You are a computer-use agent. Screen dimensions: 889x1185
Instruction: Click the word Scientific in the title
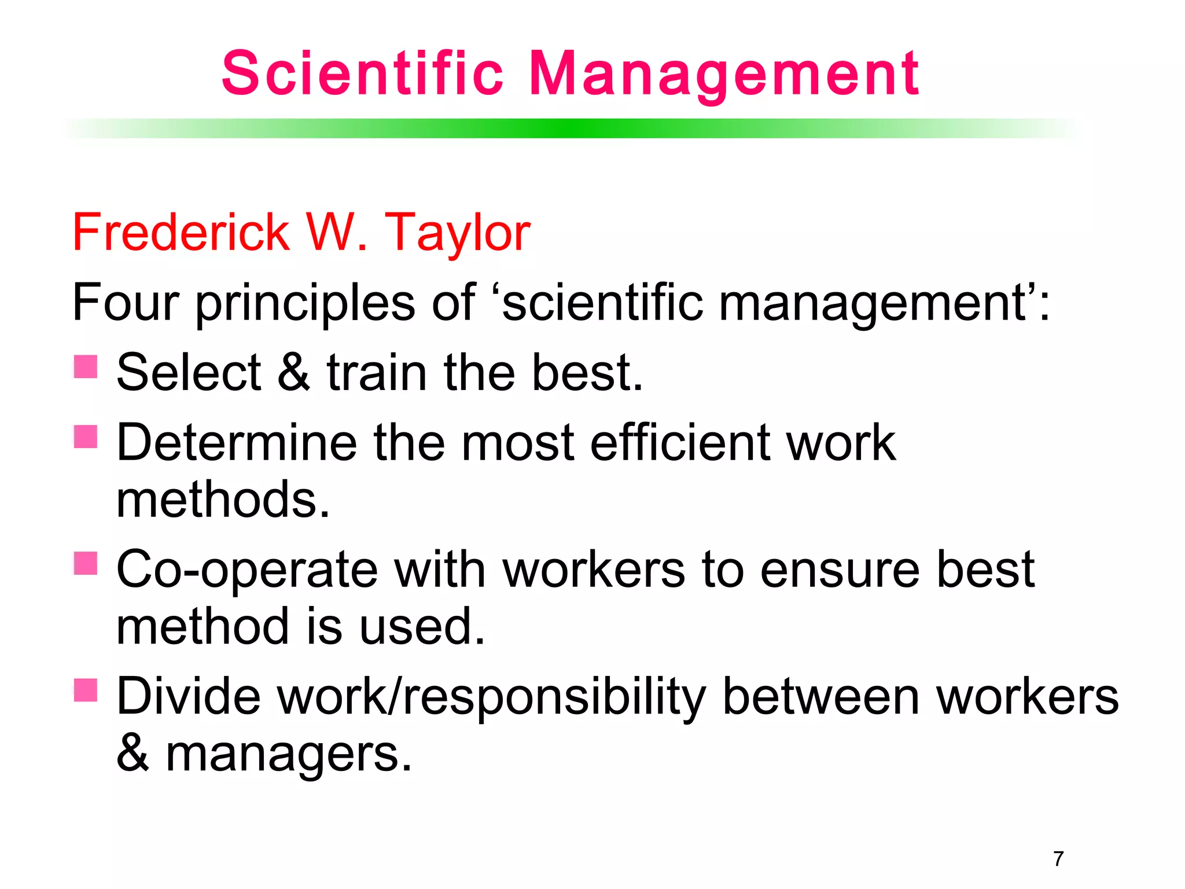[362, 74]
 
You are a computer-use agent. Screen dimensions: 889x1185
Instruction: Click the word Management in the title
[723, 74]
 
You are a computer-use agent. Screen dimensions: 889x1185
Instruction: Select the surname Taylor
[457, 233]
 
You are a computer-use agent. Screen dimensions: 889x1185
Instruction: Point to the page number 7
[1058, 858]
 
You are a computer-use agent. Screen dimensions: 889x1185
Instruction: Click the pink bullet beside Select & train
[86, 366]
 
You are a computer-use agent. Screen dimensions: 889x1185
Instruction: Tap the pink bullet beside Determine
[86, 436]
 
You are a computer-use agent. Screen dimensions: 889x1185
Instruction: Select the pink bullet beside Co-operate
[86, 563]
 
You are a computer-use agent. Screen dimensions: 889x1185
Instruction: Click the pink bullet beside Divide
[86, 690]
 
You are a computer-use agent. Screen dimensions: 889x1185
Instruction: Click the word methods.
[223, 499]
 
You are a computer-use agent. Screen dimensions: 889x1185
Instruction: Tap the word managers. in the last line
[289, 754]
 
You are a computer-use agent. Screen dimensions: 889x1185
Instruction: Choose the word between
[820, 697]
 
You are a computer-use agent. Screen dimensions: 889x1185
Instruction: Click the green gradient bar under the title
[570, 128]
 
